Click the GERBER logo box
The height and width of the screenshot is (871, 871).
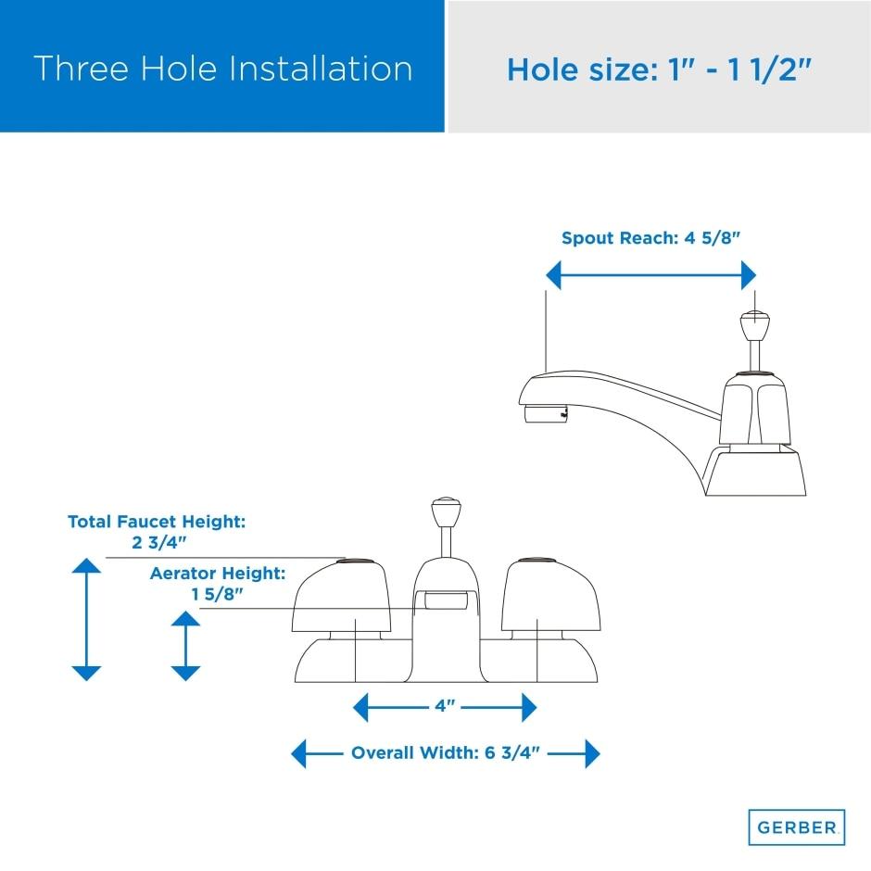click(x=797, y=827)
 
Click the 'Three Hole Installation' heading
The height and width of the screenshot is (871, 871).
click(x=222, y=69)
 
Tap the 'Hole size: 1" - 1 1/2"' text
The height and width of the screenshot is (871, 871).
click(x=660, y=70)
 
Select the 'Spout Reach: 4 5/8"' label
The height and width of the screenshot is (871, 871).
click(x=651, y=238)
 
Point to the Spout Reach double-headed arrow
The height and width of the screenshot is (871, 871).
click(x=650, y=275)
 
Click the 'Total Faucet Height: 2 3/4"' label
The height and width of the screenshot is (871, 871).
click(x=157, y=532)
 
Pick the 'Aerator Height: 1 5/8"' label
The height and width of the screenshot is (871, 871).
click(x=217, y=583)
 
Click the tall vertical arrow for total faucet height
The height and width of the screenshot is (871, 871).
click(x=87, y=619)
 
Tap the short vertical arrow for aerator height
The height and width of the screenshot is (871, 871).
click(x=185, y=646)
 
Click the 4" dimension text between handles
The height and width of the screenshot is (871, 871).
click(x=445, y=706)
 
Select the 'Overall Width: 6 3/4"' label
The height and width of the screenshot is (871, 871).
click(x=446, y=753)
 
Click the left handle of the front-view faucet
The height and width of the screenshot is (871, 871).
click(x=342, y=596)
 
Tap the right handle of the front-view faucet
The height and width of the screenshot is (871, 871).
click(x=550, y=596)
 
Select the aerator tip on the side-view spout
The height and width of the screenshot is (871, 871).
click(x=546, y=414)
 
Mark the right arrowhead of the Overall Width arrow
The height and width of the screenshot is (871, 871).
click(x=593, y=754)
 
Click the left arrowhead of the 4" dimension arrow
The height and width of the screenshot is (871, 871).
click(x=360, y=707)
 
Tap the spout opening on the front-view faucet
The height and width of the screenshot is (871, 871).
click(x=446, y=600)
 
